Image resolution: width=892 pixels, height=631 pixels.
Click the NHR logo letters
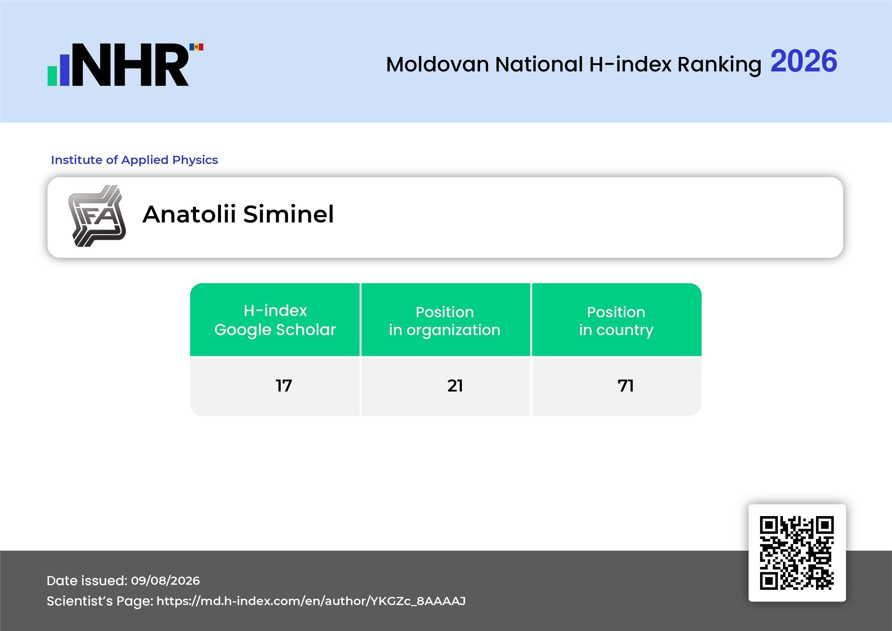130,65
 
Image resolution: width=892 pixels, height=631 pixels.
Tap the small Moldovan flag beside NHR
196,47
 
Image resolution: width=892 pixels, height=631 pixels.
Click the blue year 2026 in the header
804,61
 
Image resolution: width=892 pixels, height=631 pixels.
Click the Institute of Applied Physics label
134,160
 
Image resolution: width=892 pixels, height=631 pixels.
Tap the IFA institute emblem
97,216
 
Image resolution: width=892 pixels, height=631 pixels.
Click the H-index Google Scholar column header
275,320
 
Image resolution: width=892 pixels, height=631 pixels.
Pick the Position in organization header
445,321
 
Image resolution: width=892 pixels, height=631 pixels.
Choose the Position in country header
616,321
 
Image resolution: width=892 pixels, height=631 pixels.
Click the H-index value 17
284,386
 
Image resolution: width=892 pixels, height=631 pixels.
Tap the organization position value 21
455,386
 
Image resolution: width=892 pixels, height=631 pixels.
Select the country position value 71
626,386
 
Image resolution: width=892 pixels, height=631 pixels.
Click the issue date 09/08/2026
165,580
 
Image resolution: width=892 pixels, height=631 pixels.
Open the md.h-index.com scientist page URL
311,601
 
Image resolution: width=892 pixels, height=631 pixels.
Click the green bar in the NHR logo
52,75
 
